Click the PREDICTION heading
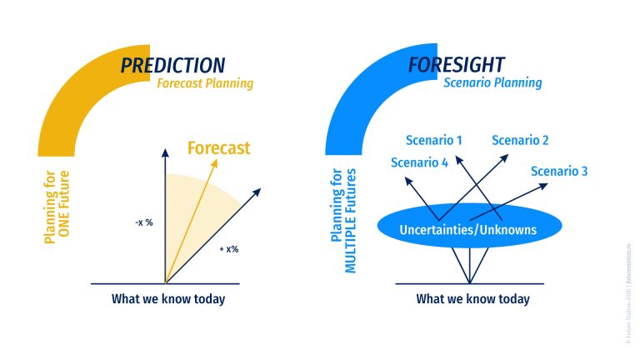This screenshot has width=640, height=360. (x=172, y=65)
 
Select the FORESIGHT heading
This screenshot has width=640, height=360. (x=455, y=65)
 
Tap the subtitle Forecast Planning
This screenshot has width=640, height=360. (x=205, y=83)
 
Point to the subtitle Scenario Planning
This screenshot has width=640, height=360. (x=492, y=82)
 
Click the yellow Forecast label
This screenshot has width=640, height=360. (x=218, y=148)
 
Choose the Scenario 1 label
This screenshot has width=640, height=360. (x=434, y=140)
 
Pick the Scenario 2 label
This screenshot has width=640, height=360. (x=520, y=140)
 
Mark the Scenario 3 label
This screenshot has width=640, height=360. (x=559, y=171)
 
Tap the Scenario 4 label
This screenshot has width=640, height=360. (x=419, y=162)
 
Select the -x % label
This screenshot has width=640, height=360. (x=143, y=222)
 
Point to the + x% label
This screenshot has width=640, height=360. (x=228, y=249)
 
